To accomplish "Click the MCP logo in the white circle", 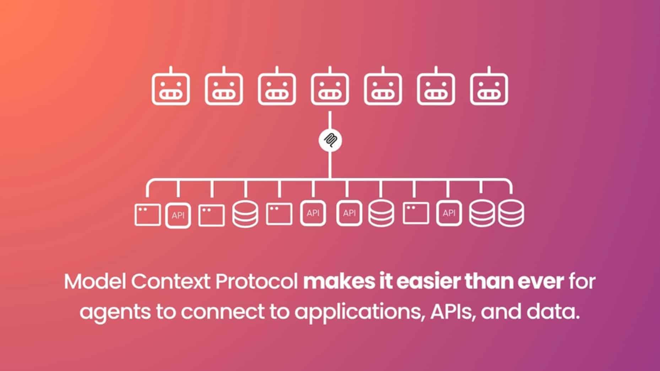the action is pyautogui.click(x=330, y=141).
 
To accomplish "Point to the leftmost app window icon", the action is pyautogui.click(x=147, y=214).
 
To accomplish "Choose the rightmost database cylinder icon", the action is pyautogui.click(x=511, y=213).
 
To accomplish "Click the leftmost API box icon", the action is pyautogui.click(x=178, y=215).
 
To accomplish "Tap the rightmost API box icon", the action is pyautogui.click(x=449, y=213).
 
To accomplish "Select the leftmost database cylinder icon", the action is pyautogui.click(x=245, y=214).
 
